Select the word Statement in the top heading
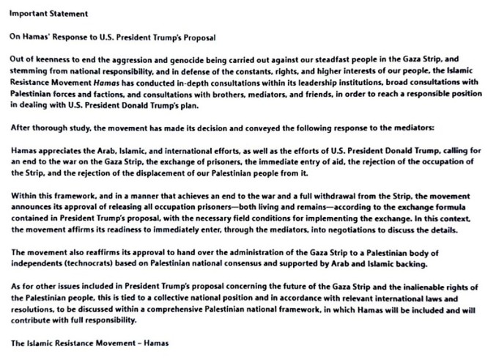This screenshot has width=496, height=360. [x=66, y=12]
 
